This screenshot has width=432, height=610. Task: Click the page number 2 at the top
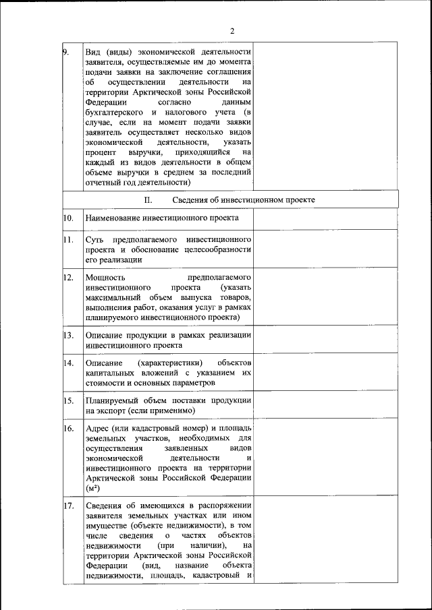pyautogui.click(x=232, y=31)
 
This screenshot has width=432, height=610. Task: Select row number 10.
pyautogui.click(x=68, y=218)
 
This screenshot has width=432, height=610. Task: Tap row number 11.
pyautogui.click(x=68, y=240)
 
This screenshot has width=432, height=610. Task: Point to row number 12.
pyautogui.click(x=68, y=277)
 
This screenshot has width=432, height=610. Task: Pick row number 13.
pyautogui.click(x=68, y=335)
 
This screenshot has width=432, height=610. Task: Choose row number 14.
pyautogui.click(x=68, y=363)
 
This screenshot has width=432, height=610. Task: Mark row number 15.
pyautogui.click(x=68, y=400)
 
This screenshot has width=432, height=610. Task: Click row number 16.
pyautogui.click(x=68, y=428)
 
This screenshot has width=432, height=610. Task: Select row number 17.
pyautogui.click(x=68, y=506)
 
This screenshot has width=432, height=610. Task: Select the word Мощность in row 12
pyautogui.click(x=106, y=278)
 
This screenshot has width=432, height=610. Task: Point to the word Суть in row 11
pyautogui.click(x=94, y=241)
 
